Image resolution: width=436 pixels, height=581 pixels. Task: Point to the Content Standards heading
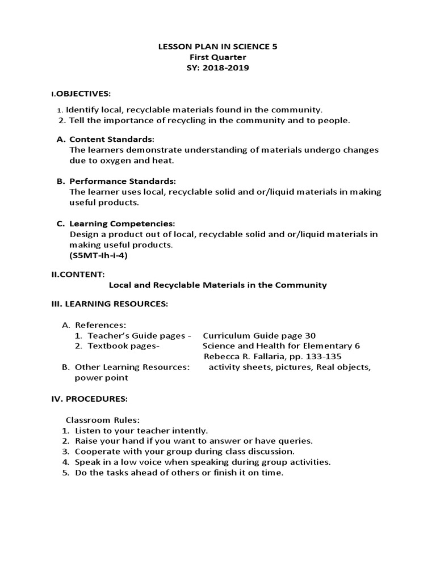[111, 140]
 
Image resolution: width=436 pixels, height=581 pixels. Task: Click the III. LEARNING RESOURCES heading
[110, 305]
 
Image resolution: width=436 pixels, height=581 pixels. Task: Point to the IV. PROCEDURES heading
[89, 399]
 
